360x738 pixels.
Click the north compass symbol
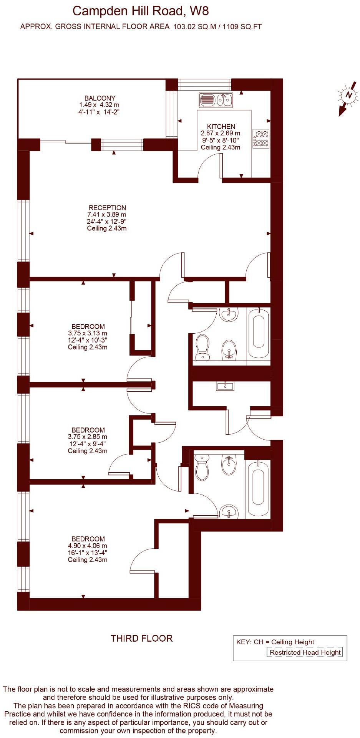(x=348, y=95)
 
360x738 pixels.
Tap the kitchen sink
(x=216, y=100)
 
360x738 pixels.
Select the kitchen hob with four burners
(x=261, y=139)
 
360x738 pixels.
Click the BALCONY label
(x=100, y=98)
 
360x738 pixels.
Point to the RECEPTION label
(x=107, y=208)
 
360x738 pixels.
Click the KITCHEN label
(x=221, y=126)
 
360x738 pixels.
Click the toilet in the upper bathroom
(x=202, y=347)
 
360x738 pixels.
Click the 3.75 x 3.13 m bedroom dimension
(x=88, y=333)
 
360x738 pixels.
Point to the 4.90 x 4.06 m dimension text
(x=88, y=546)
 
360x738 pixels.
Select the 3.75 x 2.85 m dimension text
(x=88, y=437)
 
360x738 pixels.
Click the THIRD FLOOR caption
(x=142, y=638)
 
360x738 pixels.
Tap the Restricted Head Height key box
(x=305, y=652)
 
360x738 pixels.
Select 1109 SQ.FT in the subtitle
(x=243, y=26)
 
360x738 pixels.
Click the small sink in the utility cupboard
(x=225, y=386)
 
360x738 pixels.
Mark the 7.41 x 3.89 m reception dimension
(x=107, y=215)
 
